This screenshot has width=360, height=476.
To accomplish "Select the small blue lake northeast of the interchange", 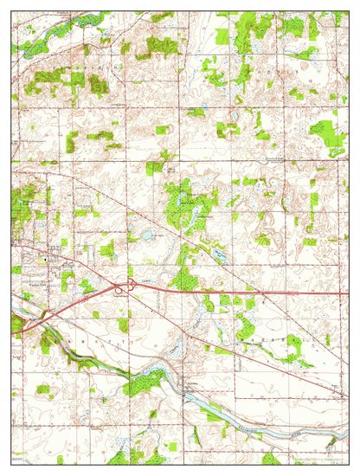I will pyautogui.click(x=147, y=235).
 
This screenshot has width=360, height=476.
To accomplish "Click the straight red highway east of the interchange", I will pyautogui.click(x=260, y=293).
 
